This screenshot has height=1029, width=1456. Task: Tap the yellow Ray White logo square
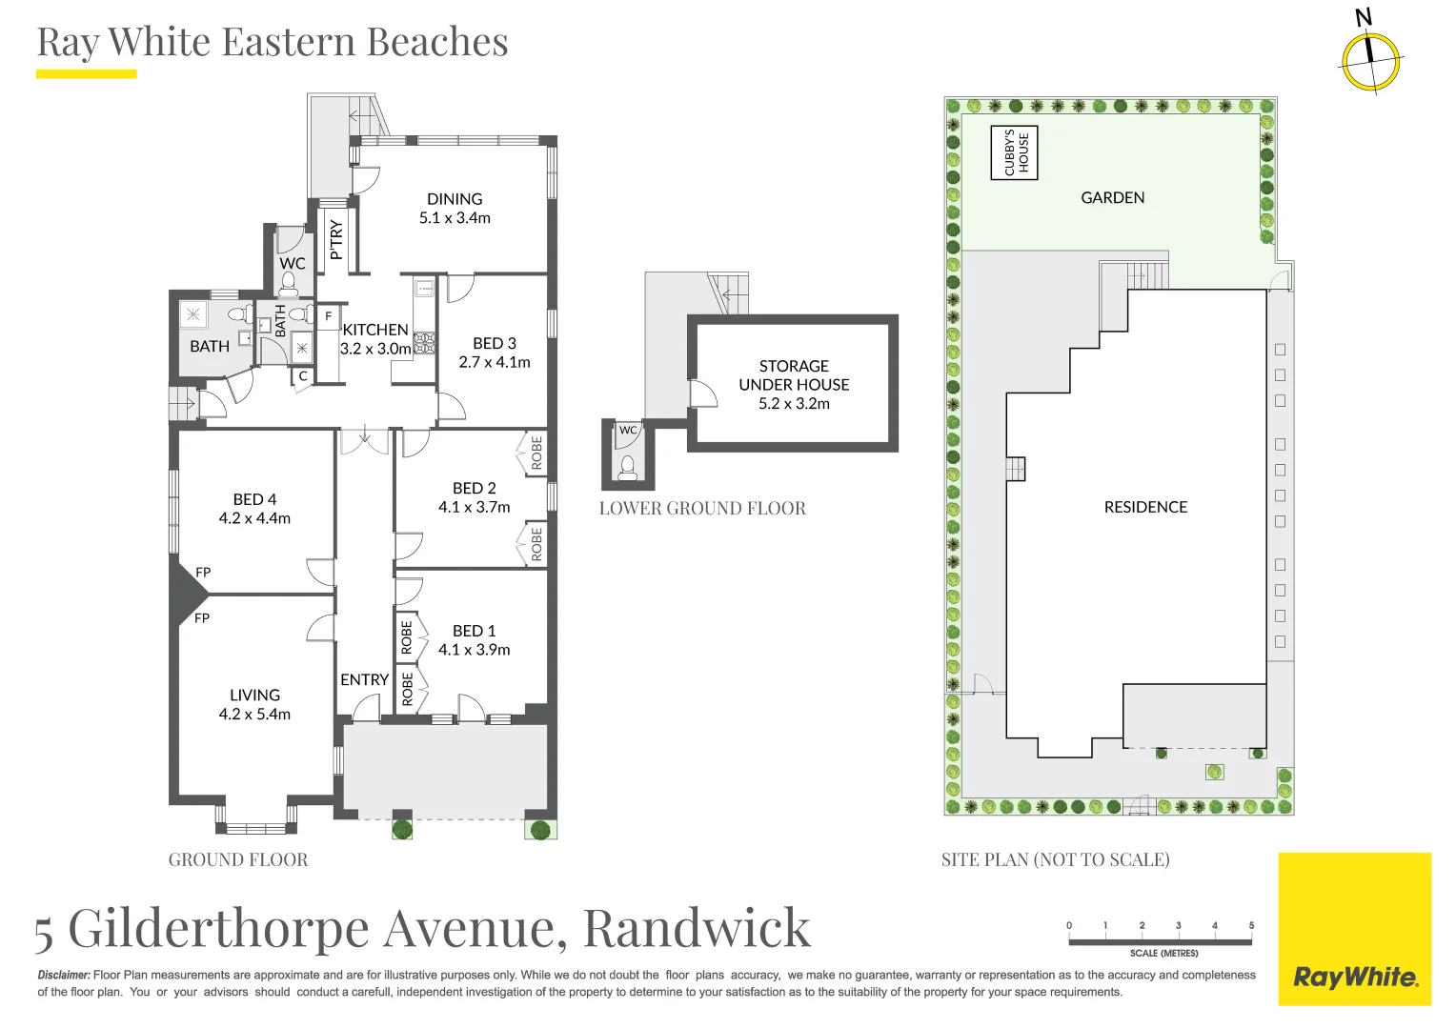tap(1354, 929)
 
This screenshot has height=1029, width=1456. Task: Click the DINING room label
tap(455, 199)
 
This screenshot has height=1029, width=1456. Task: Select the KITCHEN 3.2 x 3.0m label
tap(375, 339)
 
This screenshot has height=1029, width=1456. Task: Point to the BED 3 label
tap(495, 343)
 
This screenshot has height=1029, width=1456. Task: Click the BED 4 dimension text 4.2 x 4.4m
tap(254, 518)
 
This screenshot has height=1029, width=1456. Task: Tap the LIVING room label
tap(254, 696)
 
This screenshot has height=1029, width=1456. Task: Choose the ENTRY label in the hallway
tap(364, 679)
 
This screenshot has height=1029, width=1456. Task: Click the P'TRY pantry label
tap(335, 239)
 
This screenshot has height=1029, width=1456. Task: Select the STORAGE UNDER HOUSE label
tap(794, 375)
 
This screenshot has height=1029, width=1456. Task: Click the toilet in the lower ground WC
tap(627, 467)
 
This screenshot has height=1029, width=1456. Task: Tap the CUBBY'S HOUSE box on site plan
tap(1015, 152)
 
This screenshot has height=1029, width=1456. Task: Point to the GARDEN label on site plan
tap(1112, 197)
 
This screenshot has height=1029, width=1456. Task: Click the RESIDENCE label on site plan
tap(1145, 507)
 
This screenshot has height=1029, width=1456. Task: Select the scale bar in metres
tap(1160, 941)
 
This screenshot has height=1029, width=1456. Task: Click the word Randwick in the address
tap(697, 928)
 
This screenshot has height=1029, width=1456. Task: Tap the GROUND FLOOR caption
tap(238, 859)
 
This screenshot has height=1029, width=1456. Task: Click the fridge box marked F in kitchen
tap(329, 316)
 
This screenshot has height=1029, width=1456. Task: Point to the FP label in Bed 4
tap(203, 573)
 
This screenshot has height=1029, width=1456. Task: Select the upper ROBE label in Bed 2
tap(536, 453)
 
